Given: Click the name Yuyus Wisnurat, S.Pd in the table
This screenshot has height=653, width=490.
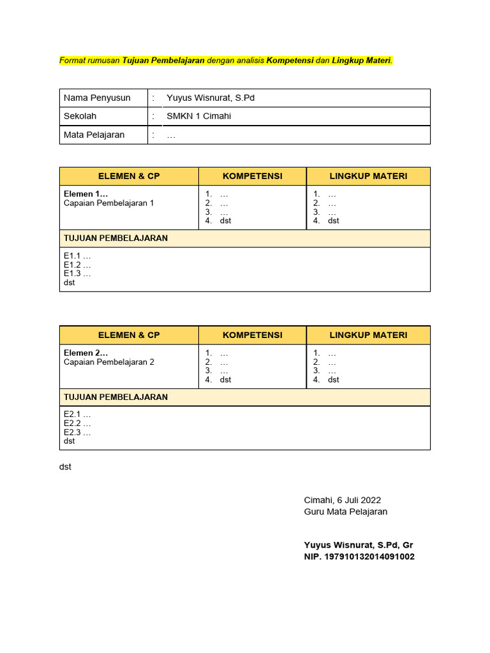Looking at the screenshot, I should [211, 98].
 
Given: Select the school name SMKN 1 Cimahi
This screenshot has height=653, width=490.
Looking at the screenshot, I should [198, 116].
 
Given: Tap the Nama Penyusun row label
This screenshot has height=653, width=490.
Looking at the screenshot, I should [97, 98].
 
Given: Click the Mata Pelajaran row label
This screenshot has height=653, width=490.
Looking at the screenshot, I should [94, 135].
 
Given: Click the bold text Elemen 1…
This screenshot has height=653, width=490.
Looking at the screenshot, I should [85, 194].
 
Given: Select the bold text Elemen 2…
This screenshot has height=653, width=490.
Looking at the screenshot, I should [85, 353].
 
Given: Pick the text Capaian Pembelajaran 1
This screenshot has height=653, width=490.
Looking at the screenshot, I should [108, 203].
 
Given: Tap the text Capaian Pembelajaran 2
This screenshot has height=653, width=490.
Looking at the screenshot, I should [108, 362].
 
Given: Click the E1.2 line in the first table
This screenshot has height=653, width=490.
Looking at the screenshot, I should [77, 265].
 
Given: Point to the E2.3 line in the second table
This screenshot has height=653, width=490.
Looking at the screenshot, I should [77, 432].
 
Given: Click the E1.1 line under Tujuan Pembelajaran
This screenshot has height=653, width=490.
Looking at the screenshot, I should [77, 256].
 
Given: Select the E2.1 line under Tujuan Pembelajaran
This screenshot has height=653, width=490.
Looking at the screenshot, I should [77, 415].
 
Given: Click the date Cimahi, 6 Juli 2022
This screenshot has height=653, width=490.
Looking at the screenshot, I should [342, 500].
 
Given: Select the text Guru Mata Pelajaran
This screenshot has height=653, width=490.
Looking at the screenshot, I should [345, 511].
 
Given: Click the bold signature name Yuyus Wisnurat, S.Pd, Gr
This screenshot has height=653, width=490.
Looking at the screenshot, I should [359, 545].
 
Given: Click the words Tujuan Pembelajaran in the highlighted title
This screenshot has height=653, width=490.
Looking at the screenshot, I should [163, 61].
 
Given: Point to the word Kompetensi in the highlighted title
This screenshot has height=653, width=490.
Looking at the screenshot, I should [290, 61].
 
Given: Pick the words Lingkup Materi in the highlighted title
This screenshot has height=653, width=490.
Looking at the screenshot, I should [361, 61].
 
